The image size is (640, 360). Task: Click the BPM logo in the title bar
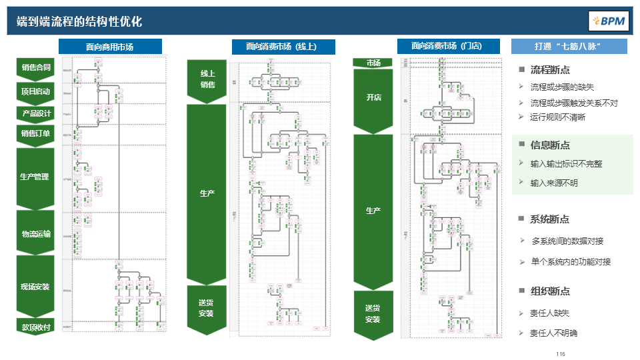pos(608,21)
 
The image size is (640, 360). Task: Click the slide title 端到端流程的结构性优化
pos(79,21)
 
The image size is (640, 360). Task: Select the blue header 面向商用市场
pos(110,47)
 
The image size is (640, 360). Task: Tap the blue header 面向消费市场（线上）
pos(283,47)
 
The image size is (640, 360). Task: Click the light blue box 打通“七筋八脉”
pos(569,47)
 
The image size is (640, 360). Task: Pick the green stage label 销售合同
pos(36,67)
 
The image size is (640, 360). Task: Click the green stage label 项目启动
pos(36,91)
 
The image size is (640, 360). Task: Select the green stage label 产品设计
pos(36,113)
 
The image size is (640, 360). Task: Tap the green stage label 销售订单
pos(36,134)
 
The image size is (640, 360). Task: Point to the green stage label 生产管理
pos(35,177)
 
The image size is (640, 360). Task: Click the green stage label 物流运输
pos(36,233)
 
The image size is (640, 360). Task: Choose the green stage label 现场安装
pos(35,287)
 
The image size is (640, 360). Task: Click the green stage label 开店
pos(373,97)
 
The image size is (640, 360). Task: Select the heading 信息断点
pos(549,145)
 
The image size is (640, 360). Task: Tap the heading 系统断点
pos(549,219)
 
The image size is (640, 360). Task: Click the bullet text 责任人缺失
pos(549,313)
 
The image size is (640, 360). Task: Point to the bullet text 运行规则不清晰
pos(557,117)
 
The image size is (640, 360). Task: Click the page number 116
pos(560,353)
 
